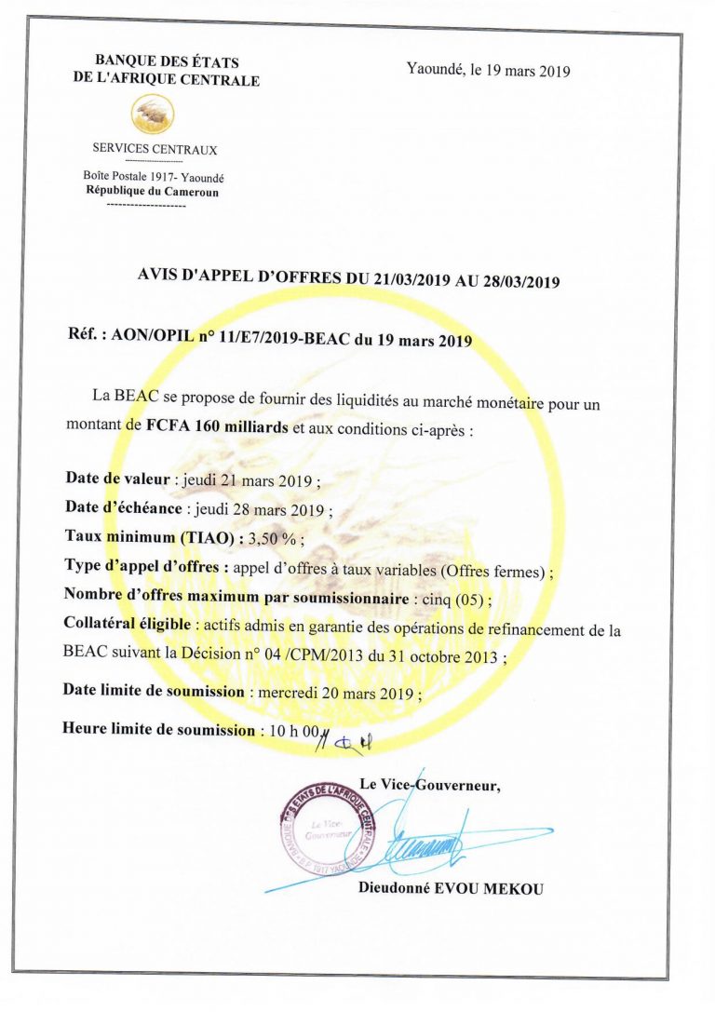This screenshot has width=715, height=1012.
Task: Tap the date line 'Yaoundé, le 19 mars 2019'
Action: coord(488,70)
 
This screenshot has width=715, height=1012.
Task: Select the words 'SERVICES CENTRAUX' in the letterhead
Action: coord(155,150)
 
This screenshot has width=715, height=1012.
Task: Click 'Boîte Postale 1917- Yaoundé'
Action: coord(154,177)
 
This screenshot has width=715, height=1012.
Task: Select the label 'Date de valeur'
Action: coord(117,479)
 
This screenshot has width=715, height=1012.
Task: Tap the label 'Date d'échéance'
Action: coord(125,507)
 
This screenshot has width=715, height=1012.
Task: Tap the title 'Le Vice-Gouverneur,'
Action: coord(429,785)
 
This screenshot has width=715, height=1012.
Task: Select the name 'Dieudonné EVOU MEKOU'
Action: coord(450,888)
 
